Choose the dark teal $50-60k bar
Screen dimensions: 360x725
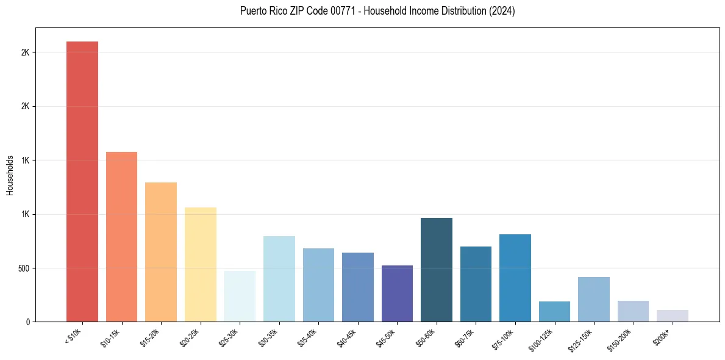point(437,270)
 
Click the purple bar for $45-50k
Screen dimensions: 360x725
point(397,293)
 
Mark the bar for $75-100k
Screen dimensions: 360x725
point(515,278)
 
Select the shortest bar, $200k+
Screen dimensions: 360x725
point(673,316)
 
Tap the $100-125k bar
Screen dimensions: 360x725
point(554,311)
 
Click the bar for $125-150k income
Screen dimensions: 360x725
point(594,299)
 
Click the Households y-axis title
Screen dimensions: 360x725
point(10,175)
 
